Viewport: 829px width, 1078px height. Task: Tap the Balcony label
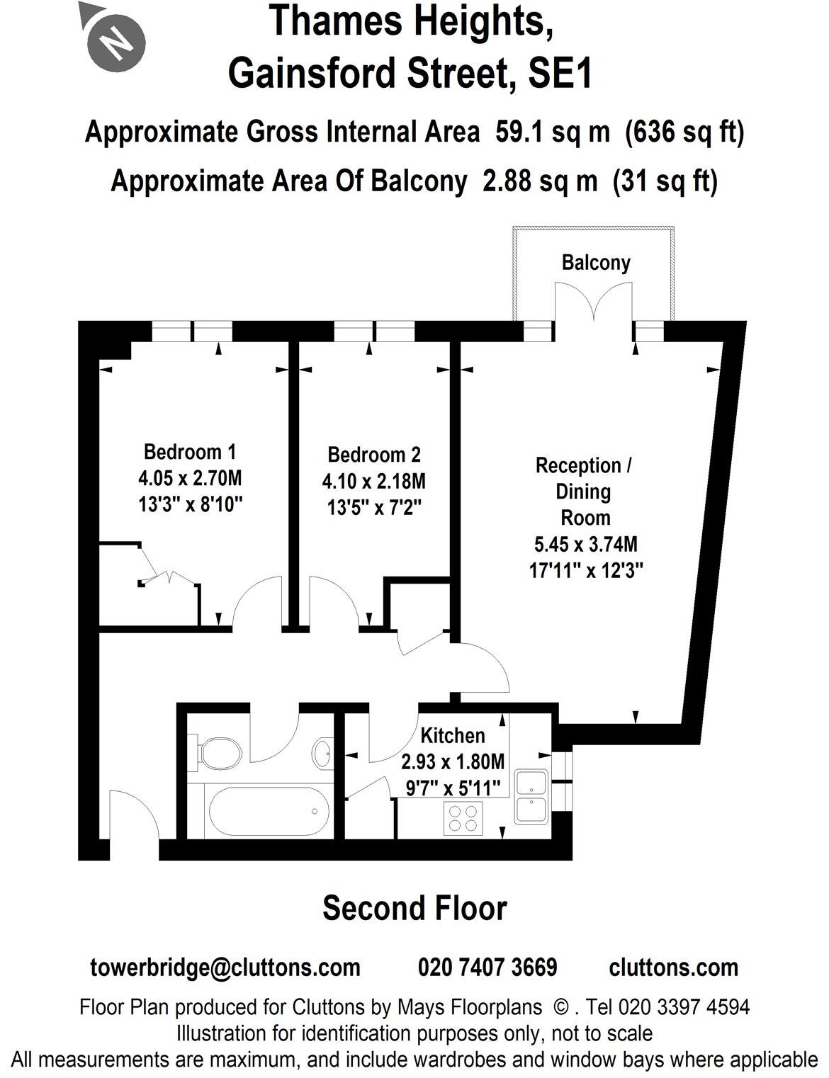(595, 263)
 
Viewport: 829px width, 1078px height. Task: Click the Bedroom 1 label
(189, 451)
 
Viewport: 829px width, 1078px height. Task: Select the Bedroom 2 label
(373, 454)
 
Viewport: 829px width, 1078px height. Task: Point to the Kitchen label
(452, 735)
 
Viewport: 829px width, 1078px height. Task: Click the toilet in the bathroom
(216, 751)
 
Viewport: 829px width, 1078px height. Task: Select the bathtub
(268, 812)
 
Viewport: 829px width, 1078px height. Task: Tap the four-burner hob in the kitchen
(462, 819)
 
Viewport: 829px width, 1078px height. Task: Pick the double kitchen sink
(532, 797)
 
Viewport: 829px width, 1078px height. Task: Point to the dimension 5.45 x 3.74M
(585, 544)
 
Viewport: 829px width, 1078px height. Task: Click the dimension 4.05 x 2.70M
(190, 478)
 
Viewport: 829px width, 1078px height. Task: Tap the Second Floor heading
(414, 909)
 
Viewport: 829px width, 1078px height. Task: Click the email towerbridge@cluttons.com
(225, 968)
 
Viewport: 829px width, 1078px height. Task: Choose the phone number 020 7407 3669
(487, 968)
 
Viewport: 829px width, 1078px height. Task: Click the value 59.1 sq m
(552, 132)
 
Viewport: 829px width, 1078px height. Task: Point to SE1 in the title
(560, 74)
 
